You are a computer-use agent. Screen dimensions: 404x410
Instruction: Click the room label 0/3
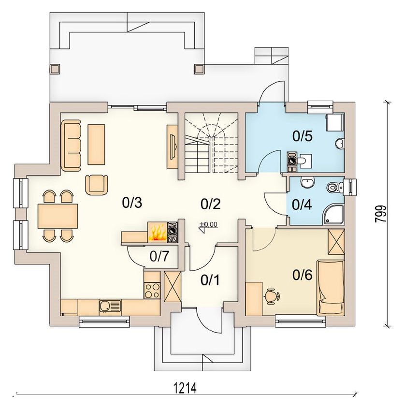coord(132,203)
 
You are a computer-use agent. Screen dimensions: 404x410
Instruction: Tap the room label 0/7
coord(159,257)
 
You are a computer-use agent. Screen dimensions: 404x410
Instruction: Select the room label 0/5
coord(303,136)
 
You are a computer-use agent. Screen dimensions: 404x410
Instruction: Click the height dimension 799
coord(380,214)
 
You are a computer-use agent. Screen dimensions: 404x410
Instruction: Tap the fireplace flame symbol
coord(158,233)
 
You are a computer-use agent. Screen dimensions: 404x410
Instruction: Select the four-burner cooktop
coord(152,290)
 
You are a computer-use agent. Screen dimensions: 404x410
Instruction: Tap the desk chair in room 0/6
coord(272,296)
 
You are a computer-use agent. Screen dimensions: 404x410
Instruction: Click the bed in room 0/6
coord(331,288)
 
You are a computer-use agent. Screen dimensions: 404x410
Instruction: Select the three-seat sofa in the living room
coord(71,146)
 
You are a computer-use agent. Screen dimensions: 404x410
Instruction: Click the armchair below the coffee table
coord(97,185)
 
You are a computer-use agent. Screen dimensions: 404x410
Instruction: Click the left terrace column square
coord(55,69)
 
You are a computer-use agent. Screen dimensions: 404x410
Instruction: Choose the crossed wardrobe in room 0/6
coord(336,242)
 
